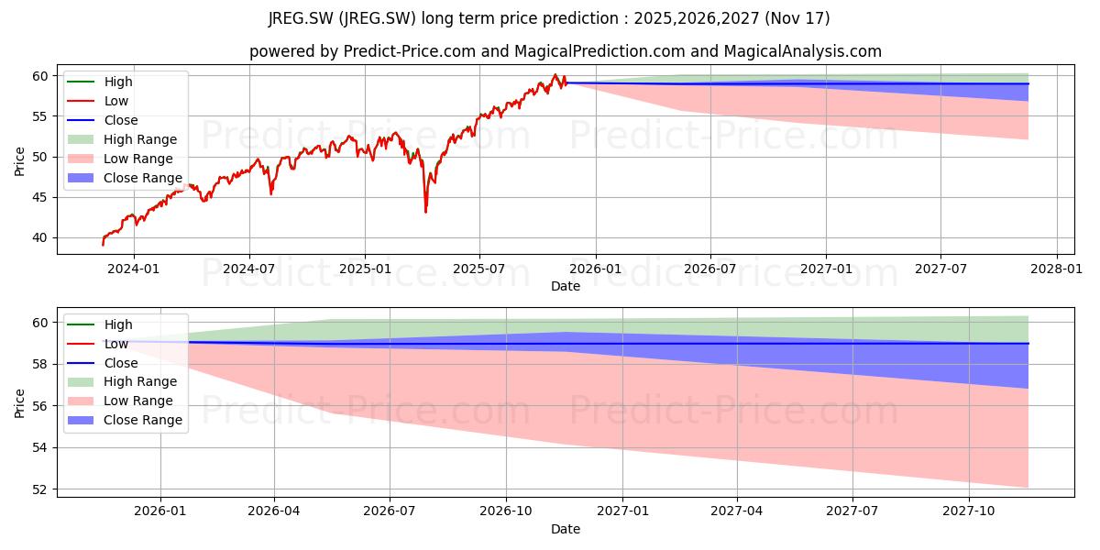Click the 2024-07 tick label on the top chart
coord(249,269)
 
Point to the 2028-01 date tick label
coord(1056,269)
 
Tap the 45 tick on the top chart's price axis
coord(40,197)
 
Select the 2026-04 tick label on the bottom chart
coord(273,511)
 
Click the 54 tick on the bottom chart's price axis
coord(40,448)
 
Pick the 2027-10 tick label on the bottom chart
coord(969,511)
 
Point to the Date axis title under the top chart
coord(566,286)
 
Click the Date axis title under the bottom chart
coord(566,529)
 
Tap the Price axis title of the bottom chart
coord(19,403)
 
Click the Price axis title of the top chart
coord(19,161)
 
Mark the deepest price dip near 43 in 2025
coord(425,212)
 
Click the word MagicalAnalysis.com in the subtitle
coord(802,51)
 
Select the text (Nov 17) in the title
coord(797,18)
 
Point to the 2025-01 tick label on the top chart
coord(365,269)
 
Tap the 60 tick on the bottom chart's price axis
coord(40,323)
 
